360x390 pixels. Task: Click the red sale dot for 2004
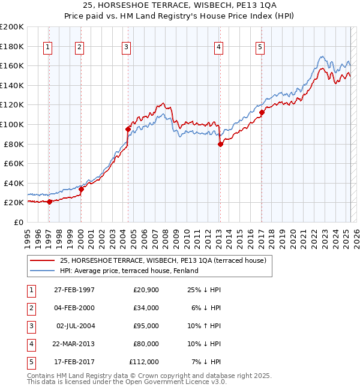pos(128,129)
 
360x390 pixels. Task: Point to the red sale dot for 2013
pos(220,144)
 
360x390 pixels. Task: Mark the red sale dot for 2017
pos(262,112)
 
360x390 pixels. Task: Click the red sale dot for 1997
pos(50,202)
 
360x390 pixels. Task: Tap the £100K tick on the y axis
pos(12,124)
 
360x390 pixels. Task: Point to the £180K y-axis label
pos(12,46)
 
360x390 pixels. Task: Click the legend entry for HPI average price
pos(129,271)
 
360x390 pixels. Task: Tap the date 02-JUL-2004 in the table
pos(76,326)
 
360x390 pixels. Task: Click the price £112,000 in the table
pos(144,362)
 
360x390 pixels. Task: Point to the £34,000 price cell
pos(146,308)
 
